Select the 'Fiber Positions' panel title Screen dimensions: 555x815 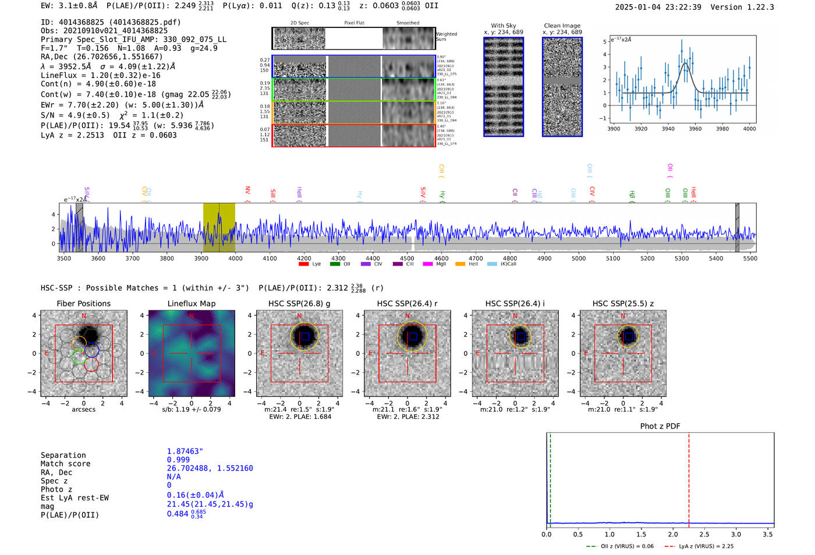(83, 303)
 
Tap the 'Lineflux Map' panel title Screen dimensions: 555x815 (191, 303)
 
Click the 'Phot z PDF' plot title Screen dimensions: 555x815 (660, 426)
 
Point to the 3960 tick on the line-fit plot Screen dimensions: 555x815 (695, 129)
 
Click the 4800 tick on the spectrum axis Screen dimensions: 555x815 (510, 258)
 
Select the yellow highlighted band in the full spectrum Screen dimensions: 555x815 (219, 227)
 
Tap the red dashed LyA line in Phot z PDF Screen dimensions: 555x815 (689, 478)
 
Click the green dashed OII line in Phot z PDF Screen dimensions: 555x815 (550, 478)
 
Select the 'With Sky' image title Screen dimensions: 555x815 (503, 26)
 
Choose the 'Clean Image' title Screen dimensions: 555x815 (562, 26)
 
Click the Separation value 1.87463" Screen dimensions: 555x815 (185, 451)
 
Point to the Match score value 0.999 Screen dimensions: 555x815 (178, 459)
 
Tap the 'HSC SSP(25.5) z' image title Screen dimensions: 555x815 (623, 303)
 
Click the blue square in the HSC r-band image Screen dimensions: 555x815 (413, 337)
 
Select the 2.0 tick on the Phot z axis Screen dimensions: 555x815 (672, 534)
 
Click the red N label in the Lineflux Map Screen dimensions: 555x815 (192, 316)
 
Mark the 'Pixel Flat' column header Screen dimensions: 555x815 (354, 23)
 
